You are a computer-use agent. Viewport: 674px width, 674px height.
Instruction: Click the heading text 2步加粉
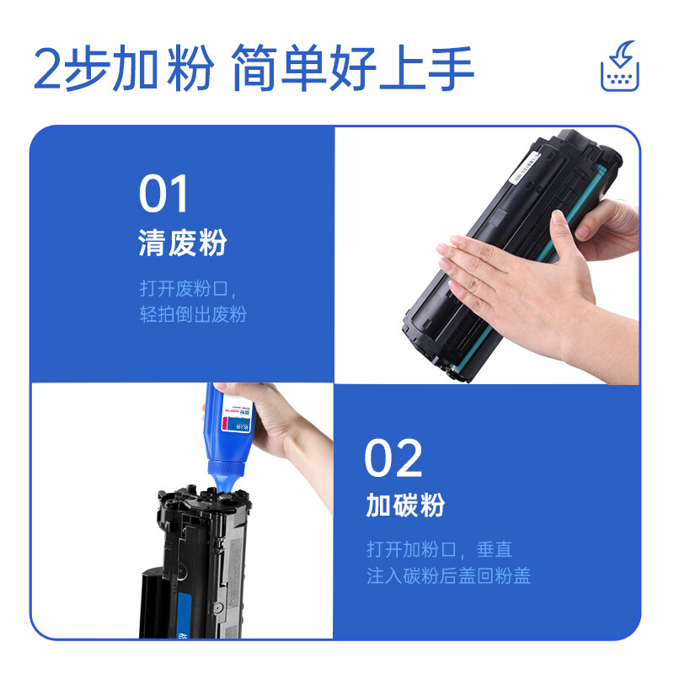[x=123, y=68]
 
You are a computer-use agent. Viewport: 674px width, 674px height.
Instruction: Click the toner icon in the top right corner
[x=618, y=68]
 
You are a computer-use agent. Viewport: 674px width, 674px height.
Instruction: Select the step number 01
[x=164, y=195]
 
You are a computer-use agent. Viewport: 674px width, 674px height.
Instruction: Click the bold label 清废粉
[x=183, y=245]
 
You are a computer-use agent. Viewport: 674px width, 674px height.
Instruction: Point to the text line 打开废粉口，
[x=190, y=288]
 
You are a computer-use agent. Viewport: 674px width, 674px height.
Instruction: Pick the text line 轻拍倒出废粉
[x=193, y=315]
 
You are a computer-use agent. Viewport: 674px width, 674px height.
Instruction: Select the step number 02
[x=393, y=460]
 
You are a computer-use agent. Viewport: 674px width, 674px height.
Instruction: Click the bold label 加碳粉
[x=405, y=505]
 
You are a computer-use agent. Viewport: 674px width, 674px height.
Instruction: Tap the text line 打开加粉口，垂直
[x=439, y=549]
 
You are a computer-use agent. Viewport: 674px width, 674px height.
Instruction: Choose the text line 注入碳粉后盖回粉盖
[x=448, y=576]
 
